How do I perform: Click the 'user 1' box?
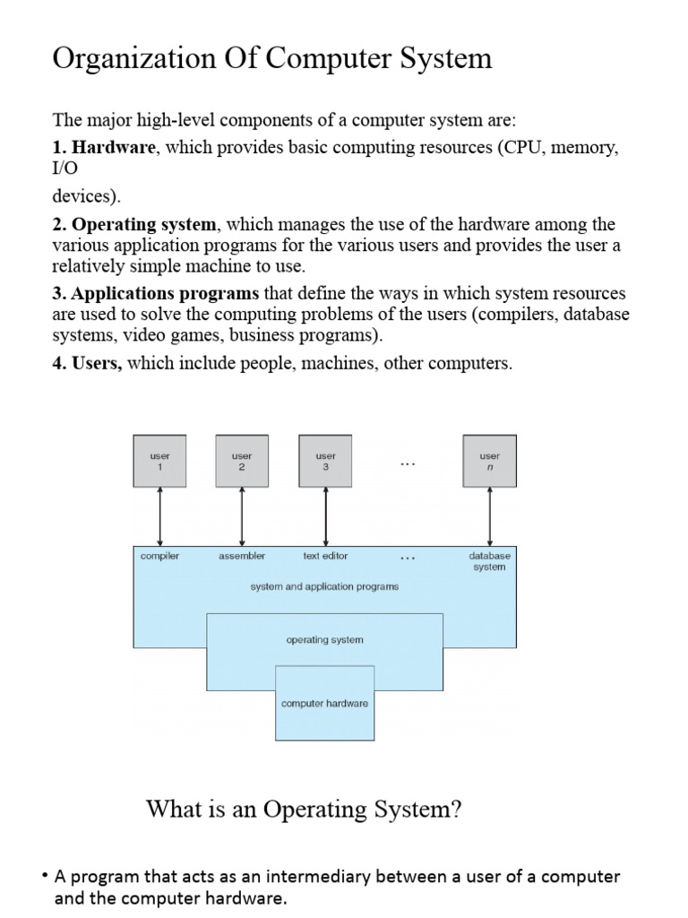pyautogui.click(x=159, y=461)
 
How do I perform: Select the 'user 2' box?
pyautogui.click(x=242, y=461)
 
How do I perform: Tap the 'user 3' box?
pyautogui.click(x=325, y=461)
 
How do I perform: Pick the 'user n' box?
pyautogui.click(x=489, y=461)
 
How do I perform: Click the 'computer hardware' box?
pyautogui.click(x=324, y=704)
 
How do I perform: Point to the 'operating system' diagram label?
pyautogui.click(x=324, y=640)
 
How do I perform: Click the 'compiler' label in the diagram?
pyautogui.click(x=159, y=556)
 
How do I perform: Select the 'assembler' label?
pyautogui.click(x=242, y=556)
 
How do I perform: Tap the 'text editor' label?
pyautogui.click(x=325, y=556)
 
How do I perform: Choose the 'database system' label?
pyautogui.click(x=489, y=561)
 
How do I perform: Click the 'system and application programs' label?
pyautogui.click(x=324, y=586)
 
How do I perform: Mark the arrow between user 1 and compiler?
pyautogui.click(x=159, y=515)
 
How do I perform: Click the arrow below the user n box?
pyautogui.click(x=489, y=515)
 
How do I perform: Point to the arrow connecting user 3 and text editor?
pyautogui.click(x=325, y=515)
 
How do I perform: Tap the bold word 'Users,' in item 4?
pyautogui.click(x=97, y=364)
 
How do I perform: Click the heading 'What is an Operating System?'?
pyautogui.click(x=304, y=810)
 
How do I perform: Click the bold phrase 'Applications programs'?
pyautogui.click(x=166, y=294)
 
